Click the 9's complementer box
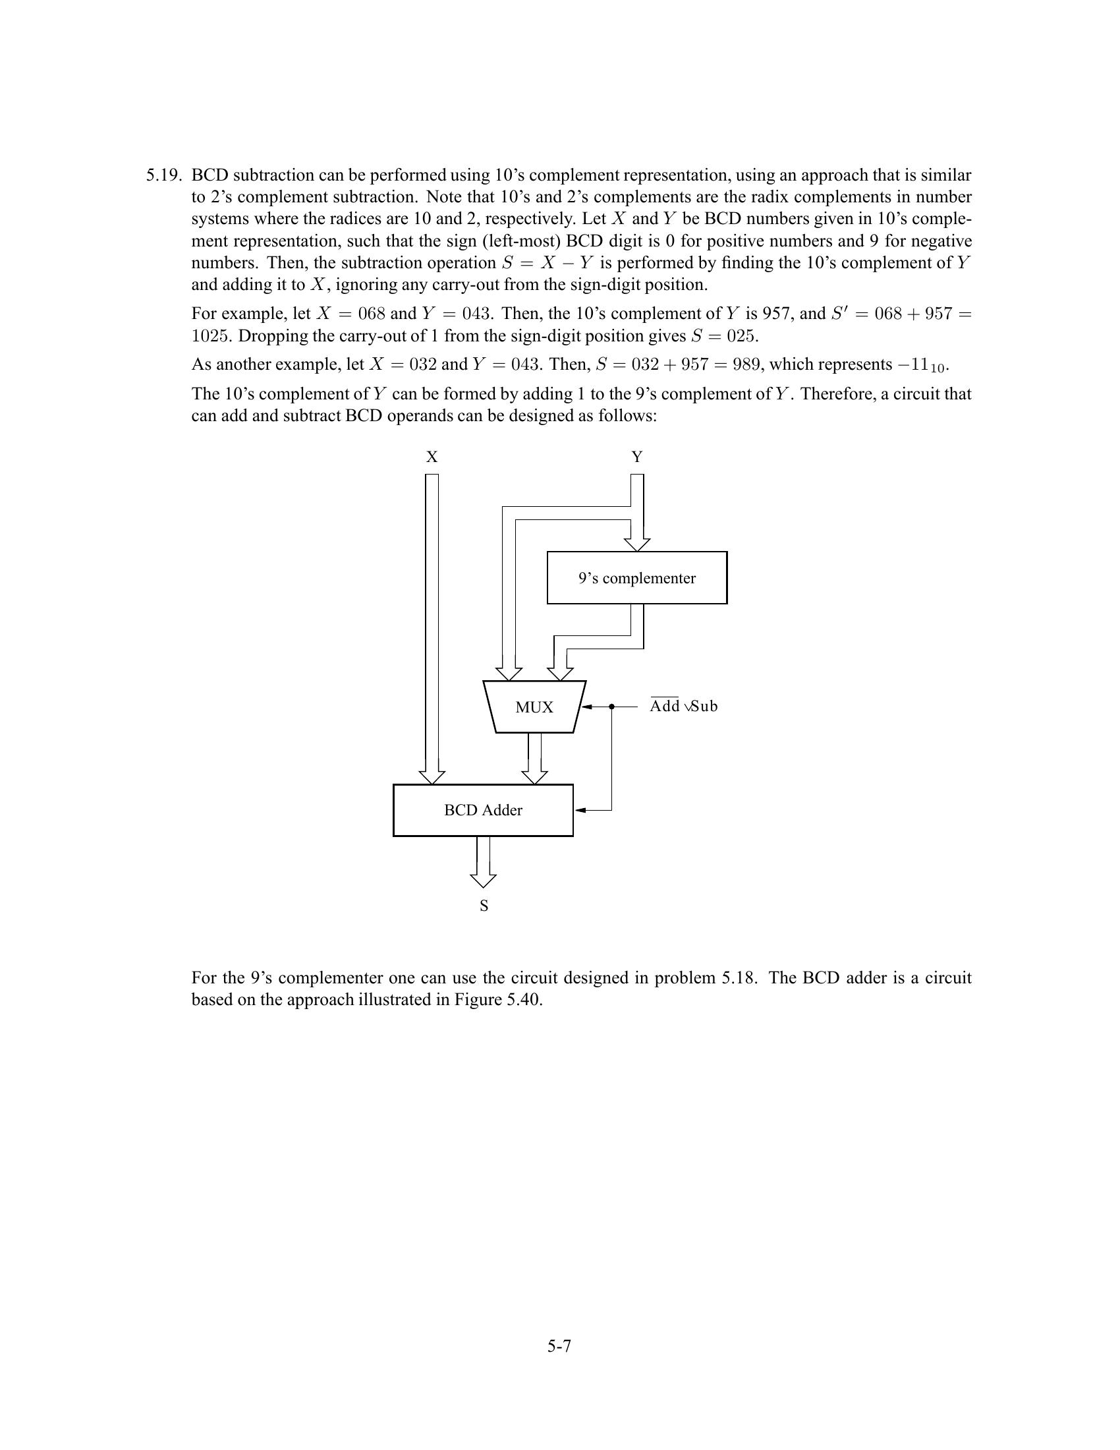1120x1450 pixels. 636,577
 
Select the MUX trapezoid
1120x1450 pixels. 534,707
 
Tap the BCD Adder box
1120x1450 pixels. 482,810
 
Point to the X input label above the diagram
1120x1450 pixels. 432,457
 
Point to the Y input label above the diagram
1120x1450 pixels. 636,457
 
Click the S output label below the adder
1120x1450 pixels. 484,906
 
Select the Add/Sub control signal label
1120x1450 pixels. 683,707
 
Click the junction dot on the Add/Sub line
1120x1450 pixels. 611,707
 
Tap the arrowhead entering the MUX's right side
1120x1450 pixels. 587,707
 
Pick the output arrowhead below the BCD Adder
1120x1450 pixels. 483,881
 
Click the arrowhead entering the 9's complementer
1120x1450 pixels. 636,544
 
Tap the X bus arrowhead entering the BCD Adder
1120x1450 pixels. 432,777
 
